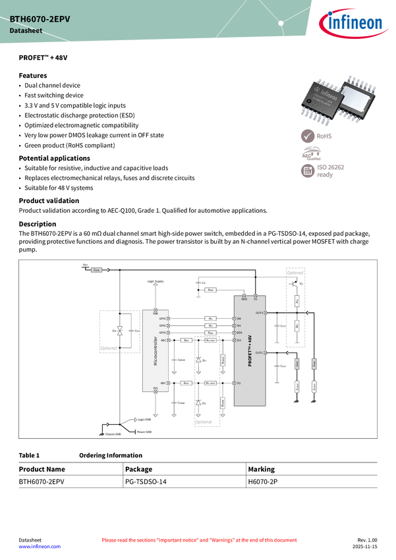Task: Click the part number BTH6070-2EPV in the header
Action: pyautogui.click(x=40, y=20)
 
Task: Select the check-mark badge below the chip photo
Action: pyautogui.click(x=308, y=136)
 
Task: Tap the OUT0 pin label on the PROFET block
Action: pyautogui.click(x=259, y=312)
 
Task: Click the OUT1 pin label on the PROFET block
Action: pyautogui.click(x=259, y=353)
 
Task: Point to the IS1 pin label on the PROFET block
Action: pyautogui.click(x=239, y=383)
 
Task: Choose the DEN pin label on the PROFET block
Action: pyautogui.click(x=239, y=333)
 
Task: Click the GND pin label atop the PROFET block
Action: pyautogui.click(x=244, y=298)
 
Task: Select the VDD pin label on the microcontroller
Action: pyautogui.click(x=155, y=313)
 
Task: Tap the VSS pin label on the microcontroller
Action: pyautogui.click(x=155, y=389)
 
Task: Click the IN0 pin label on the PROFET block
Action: pyautogui.click(x=239, y=319)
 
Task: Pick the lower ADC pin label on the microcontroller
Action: pyautogui.click(x=163, y=383)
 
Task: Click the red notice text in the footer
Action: pyautogui.click(x=199, y=540)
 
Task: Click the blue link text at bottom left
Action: pyautogui.click(x=39, y=547)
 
